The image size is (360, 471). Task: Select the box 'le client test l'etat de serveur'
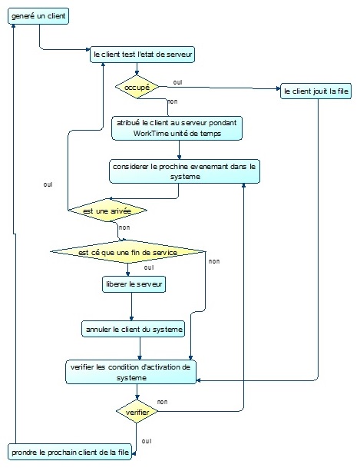pos(143,55)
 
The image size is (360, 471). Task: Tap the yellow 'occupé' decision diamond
pos(137,87)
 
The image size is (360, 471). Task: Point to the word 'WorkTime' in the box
pos(152,134)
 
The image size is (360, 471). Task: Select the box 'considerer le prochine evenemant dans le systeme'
pos(184,171)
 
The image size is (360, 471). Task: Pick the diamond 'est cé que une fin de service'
pos(127,251)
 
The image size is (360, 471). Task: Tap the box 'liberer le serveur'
pos(134,284)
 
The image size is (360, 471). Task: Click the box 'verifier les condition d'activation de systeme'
pos(130,372)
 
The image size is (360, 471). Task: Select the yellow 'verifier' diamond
pos(137,412)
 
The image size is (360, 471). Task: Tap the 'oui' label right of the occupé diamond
pos(177,81)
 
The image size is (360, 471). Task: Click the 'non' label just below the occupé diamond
pos(173,101)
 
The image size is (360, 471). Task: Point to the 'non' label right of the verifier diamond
pos(162,402)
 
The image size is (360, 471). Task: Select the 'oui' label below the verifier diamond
pos(147,440)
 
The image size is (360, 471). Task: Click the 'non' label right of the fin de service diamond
pos(213,261)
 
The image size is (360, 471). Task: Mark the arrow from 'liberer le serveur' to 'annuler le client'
pos(132,307)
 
